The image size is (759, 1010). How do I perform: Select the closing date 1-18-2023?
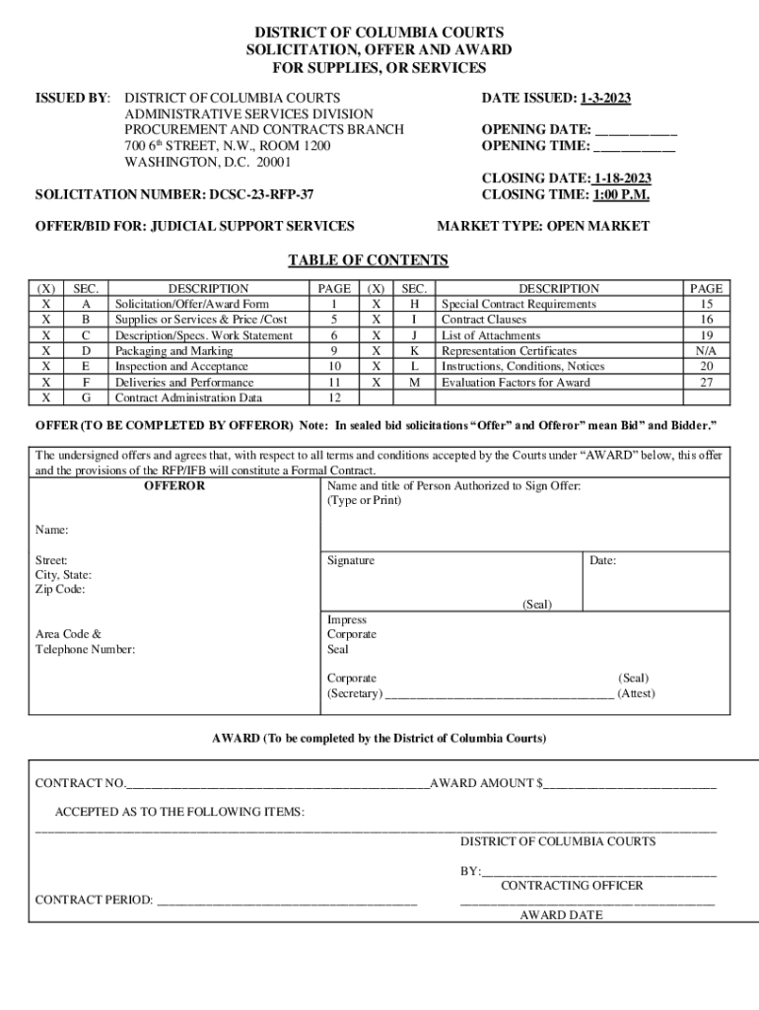click(621, 179)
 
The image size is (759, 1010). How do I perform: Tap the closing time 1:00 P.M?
click(621, 194)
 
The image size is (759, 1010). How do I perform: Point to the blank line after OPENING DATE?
click(636, 130)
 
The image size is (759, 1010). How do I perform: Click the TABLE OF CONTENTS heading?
click(368, 260)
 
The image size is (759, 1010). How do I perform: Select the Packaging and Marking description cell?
click(173, 351)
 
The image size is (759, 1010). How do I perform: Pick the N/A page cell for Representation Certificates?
click(706, 351)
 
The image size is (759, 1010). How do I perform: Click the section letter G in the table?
click(86, 398)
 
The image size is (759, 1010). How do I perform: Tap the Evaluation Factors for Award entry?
click(516, 383)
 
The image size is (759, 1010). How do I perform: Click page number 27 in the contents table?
click(706, 383)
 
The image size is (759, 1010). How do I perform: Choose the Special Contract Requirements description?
click(518, 305)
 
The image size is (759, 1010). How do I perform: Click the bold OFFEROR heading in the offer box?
click(174, 486)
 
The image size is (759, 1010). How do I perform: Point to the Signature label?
click(351, 560)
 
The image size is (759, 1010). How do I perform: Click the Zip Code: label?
click(60, 589)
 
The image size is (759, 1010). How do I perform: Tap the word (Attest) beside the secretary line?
click(636, 693)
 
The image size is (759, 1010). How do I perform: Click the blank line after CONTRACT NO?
click(278, 784)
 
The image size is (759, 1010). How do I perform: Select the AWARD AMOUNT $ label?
click(486, 784)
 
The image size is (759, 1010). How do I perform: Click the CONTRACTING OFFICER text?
click(572, 886)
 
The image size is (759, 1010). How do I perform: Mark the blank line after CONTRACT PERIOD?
click(287, 901)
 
